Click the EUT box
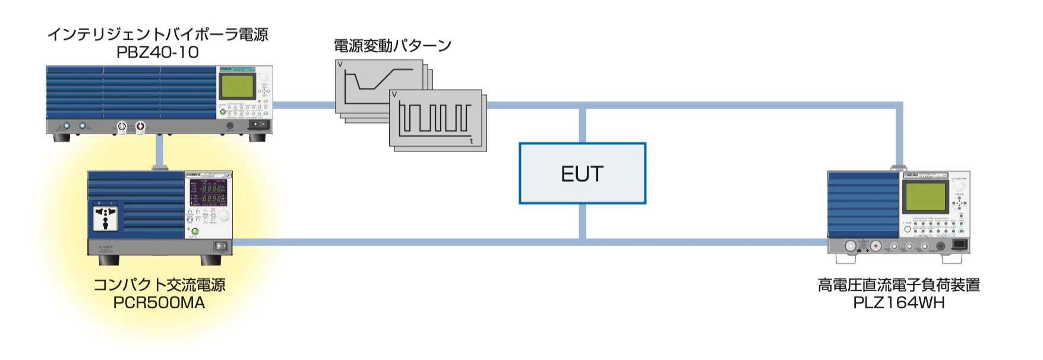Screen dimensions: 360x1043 (x=582, y=173)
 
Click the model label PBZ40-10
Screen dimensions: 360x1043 (x=157, y=52)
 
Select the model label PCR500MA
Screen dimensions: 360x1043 (x=159, y=302)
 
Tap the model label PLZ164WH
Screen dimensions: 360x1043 (x=899, y=302)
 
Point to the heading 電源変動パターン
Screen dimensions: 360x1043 (x=393, y=46)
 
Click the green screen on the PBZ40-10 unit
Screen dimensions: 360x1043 (x=238, y=87)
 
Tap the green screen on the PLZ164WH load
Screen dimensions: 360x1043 (x=925, y=197)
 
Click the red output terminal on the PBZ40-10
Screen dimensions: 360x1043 (x=140, y=126)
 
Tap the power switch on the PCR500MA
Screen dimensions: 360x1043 (x=221, y=245)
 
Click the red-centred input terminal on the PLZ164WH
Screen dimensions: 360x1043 (x=876, y=246)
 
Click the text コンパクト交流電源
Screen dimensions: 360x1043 (x=159, y=285)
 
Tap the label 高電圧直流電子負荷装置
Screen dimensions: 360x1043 (x=899, y=285)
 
